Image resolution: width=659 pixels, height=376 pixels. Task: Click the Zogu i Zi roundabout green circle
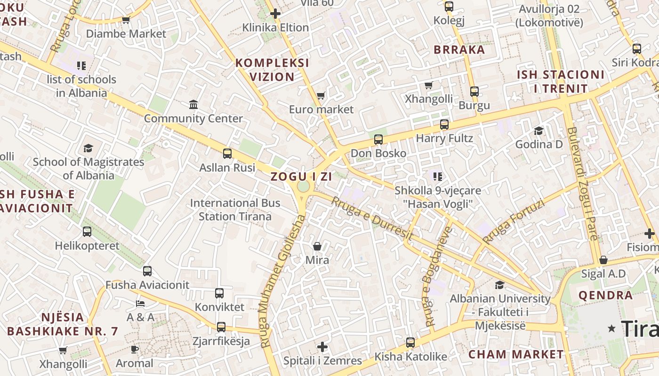(x=303, y=187)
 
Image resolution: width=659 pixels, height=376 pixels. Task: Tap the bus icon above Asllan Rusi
(x=227, y=154)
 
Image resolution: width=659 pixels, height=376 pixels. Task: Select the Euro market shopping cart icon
(x=321, y=96)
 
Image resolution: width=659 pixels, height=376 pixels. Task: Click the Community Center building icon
(x=193, y=104)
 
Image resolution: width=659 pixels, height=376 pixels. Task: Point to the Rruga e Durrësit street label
(x=372, y=219)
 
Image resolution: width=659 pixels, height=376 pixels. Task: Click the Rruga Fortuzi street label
(x=513, y=221)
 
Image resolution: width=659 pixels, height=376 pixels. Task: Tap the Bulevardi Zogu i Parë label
(x=582, y=183)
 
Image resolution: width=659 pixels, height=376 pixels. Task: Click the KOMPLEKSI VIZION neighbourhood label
(x=272, y=70)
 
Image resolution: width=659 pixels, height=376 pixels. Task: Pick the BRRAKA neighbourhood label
(x=459, y=50)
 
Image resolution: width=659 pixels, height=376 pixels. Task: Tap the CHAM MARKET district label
(x=516, y=354)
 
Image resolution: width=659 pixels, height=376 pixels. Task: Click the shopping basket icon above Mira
(x=318, y=246)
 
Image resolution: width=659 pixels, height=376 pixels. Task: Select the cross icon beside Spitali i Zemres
(x=322, y=347)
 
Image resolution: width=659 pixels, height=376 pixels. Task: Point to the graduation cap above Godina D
(x=538, y=131)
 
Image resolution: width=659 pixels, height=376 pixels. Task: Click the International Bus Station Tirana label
(x=235, y=210)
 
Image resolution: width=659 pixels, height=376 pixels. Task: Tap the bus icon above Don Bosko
(x=378, y=140)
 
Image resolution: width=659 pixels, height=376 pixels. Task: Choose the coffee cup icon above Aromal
(x=135, y=349)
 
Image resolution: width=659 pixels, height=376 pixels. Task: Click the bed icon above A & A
(x=140, y=303)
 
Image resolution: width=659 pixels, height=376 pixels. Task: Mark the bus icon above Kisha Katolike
(x=410, y=343)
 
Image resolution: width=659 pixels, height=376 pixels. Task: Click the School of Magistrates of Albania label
(x=88, y=168)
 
